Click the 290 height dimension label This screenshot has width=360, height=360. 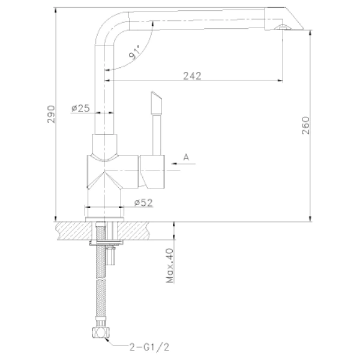51,113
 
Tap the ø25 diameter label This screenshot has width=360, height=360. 80,108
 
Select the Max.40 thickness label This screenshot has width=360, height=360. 170,266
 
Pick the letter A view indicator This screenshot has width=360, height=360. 186,157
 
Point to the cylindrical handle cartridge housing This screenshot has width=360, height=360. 153,170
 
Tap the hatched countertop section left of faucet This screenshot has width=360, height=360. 72,229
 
